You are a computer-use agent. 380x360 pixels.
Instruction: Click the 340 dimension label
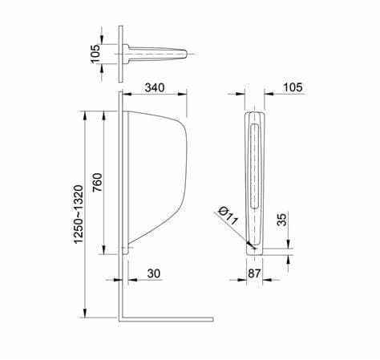coord(155,87)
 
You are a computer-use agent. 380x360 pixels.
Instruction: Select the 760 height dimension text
coord(97,182)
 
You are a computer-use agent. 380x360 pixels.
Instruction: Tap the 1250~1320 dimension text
coord(79,214)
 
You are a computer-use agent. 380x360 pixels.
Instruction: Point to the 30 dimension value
coord(154,273)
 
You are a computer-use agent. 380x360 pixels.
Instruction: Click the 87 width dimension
coord(254,273)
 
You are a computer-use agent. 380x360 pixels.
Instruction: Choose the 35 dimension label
coord(281,219)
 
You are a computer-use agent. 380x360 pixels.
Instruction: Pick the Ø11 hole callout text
coord(228,216)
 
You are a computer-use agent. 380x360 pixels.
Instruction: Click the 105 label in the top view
coord(95,54)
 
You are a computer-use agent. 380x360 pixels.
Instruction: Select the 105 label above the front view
coord(293,87)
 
